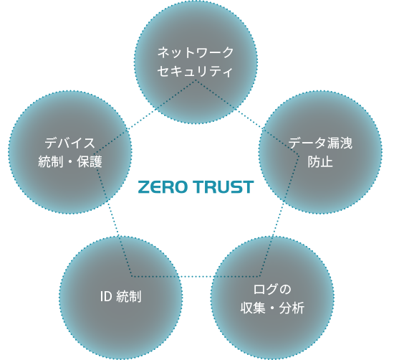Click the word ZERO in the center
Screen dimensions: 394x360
pos(163,187)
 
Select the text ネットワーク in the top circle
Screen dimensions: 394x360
pos(196,52)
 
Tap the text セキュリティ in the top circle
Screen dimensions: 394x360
pos(195,71)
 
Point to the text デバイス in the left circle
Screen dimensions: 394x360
pos(70,143)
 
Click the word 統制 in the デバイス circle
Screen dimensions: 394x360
pos(51,161)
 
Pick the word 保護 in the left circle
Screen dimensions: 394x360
pos(90,161)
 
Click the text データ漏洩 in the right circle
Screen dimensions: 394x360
pos(320,143)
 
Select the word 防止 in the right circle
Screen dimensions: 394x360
pos(320,161)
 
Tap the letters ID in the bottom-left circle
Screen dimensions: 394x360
pos(106,296)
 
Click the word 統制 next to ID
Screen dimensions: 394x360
pos(129,296)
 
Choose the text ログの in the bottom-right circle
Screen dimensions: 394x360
pos(272,289)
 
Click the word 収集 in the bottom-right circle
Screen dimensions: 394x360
pos(253,308)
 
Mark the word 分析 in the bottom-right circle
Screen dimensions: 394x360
pos(292,308)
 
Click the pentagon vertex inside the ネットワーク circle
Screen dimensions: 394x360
pos(196,80)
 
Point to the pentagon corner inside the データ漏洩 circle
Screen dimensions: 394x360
pos(299,156)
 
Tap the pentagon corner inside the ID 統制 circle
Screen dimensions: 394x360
pos(132,277)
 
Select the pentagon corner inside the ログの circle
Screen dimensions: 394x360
pos(260,277)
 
